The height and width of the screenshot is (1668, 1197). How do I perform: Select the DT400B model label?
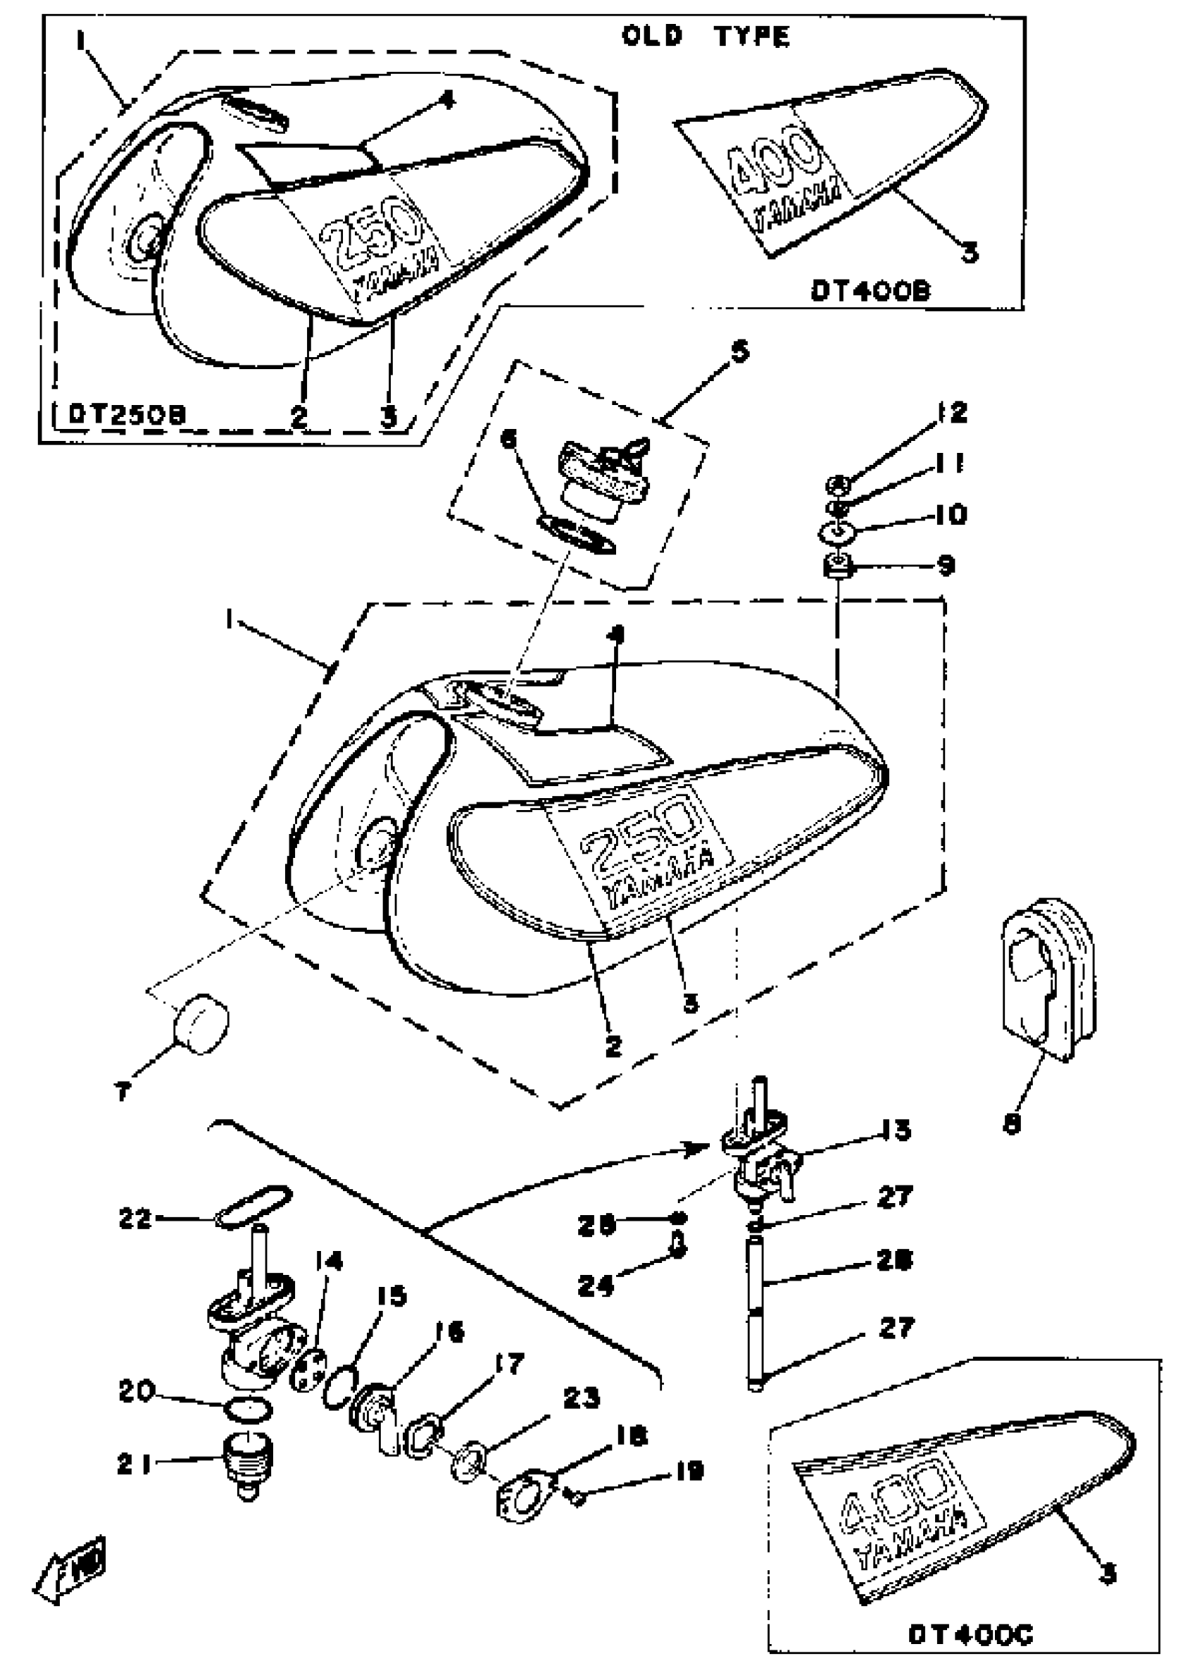pyautogui.click(x=870, y=291)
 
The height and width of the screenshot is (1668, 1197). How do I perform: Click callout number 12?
pyautogui.click(x=953, y=413)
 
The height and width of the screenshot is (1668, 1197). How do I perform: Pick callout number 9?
pyautogui.click(x=946, y=566)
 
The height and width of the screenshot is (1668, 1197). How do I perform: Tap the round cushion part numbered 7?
pyautogui.click(x=201, y=1022)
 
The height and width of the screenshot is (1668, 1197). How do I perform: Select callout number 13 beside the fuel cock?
pyautogui.click(x=896, y=1130)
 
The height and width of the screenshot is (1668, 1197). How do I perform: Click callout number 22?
pyautogui.click(x=135, y=1219)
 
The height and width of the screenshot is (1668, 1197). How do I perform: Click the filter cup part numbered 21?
pyautogui.click(x=249, y=1458)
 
